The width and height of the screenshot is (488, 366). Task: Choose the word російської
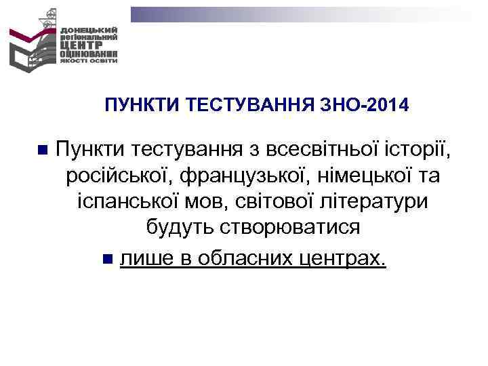(117, 176)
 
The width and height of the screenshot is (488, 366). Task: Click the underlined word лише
(142, 257)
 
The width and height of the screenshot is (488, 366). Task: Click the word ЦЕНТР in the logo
(81, 45)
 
